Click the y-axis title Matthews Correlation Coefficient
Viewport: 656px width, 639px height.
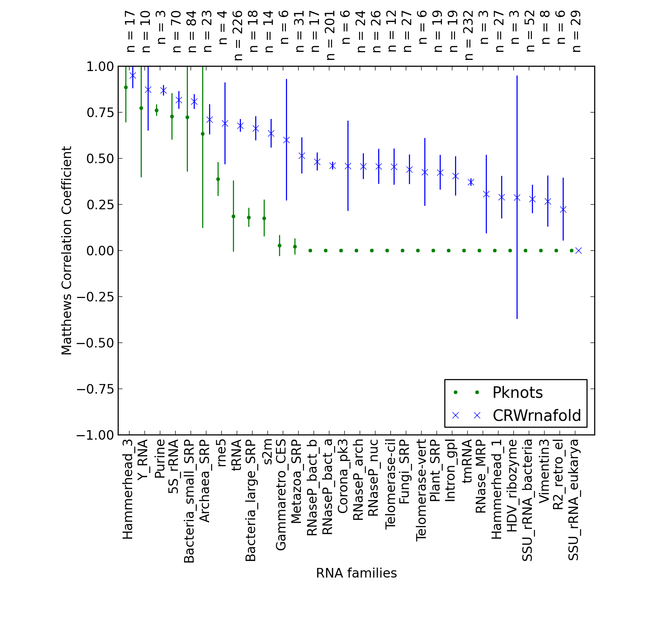[66, 250]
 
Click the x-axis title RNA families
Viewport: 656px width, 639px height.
[356, 573]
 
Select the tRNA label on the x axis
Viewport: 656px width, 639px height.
[236, 455]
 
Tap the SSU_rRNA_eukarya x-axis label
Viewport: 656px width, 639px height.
[574, 500]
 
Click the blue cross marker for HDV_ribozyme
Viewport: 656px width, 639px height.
[517, 197]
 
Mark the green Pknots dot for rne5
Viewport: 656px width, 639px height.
[218, 179]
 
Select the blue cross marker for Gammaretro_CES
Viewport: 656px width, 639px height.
[286, 140]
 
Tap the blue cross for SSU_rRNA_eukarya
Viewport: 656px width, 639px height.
[578, 250]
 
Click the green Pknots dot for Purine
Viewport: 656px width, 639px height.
[156, 110]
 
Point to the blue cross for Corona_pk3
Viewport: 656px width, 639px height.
[348, 166]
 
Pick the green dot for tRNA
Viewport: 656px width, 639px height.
[233, 216]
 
